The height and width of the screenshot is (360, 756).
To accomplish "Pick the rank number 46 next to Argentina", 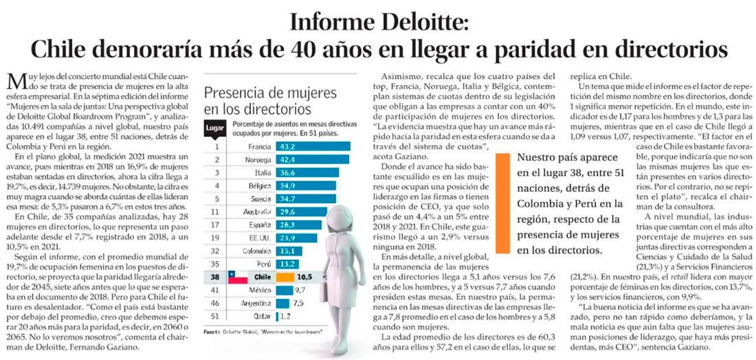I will tap(216, 303).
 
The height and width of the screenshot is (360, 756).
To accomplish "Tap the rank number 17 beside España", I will tap(216, 225).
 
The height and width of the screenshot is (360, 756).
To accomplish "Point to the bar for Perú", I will tap(287, 264).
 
